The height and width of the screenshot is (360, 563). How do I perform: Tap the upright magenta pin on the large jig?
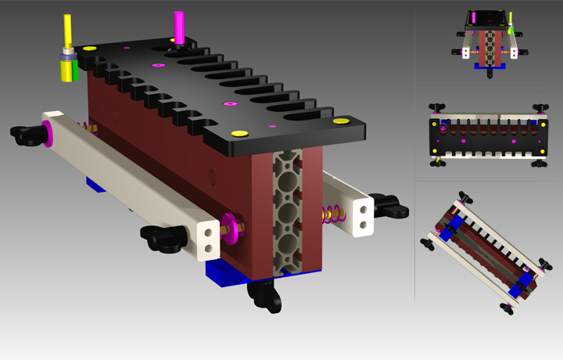coord(179,27)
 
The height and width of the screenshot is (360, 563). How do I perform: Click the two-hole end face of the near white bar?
coord(206,239)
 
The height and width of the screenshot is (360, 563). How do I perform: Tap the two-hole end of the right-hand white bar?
coord(363,216)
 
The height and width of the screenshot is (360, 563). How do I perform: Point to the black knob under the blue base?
coord(264,295)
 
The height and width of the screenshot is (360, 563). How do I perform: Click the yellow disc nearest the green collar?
coord(89,49)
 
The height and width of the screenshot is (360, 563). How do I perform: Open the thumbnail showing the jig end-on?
coord(489,43)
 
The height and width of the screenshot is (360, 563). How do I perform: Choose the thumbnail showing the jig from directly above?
coord(488,134)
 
